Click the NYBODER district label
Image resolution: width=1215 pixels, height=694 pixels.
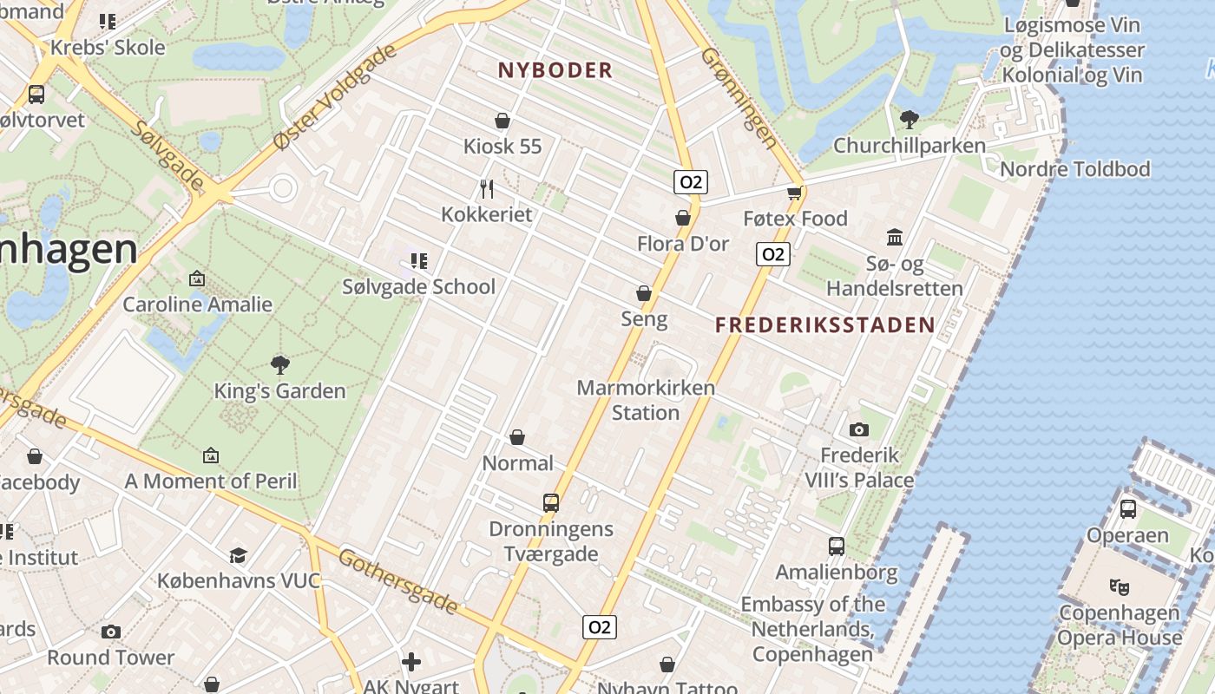555,70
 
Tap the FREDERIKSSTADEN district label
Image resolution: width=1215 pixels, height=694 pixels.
824,325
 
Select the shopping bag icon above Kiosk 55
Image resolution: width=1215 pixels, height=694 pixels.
502,121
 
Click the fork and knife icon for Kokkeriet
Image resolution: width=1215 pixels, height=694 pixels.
487,188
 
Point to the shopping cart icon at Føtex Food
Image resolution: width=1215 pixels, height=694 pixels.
794,193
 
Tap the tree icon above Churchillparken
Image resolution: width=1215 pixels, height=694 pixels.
909,119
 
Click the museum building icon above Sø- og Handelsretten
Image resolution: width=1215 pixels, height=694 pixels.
895,237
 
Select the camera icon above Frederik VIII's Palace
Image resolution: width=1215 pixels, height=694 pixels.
859,429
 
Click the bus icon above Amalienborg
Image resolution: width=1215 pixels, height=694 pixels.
837,547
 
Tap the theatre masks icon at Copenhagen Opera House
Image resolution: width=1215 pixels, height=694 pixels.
1120,586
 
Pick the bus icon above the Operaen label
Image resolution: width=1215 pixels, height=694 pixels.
1128,509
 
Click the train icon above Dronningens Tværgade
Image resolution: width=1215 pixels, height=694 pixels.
551,503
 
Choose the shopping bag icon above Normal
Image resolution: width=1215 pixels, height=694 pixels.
517,437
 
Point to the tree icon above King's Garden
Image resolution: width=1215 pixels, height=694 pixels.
279,365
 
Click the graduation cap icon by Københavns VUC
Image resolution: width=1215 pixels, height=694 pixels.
238,555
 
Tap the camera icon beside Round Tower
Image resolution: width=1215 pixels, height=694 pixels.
110,632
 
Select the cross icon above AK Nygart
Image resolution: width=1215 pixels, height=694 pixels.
411,663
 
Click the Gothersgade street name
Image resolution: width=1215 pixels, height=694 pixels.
397,580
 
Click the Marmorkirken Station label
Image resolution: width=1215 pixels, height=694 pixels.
646,400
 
